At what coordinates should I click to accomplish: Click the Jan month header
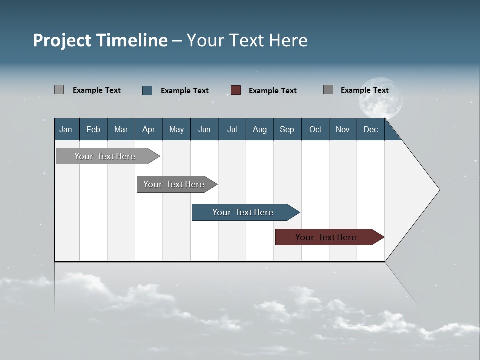click(66, 129)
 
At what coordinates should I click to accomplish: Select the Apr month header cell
click(149, 129)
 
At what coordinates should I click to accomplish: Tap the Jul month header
click(232, 129)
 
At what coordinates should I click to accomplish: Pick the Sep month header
click(287, 129)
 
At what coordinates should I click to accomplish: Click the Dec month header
click(370, 129)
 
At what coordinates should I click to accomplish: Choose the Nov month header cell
click(343, 129)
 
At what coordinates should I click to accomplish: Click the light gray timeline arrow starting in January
click(105, 156)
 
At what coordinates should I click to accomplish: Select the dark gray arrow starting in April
click(174, 184)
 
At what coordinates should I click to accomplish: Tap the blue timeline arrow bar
click(243, 212)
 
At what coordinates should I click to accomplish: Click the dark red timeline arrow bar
click(326, 237)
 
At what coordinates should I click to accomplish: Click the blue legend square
click(147, 90)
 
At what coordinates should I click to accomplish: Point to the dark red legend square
click(236, 90)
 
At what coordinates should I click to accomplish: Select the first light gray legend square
click(59, 90)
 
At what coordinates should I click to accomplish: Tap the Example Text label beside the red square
click(273, 91)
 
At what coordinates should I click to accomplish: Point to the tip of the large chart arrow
click(438, 190)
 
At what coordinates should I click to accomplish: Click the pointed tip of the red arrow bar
click(383, 237)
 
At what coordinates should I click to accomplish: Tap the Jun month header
click(204, 129)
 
